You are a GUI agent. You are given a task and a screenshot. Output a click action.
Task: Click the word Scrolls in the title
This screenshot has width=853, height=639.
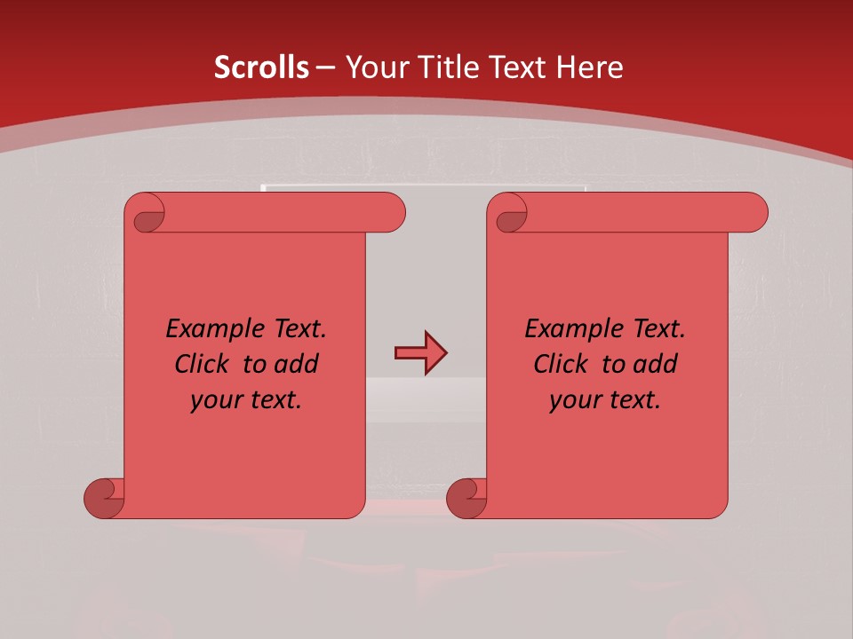(x=261, y=67)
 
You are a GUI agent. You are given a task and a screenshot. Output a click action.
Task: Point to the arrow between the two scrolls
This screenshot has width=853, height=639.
(x=420, y=353)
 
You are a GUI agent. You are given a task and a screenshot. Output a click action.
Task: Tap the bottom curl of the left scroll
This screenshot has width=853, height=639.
(x=103, y=497)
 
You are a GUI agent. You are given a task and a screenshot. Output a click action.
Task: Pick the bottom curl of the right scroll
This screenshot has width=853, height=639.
(x=466, y=497)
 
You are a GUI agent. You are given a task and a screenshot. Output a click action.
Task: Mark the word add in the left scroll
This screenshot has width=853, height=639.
(x=297, y=364)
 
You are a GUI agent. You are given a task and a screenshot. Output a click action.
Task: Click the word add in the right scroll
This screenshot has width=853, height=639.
(x=656, y=364)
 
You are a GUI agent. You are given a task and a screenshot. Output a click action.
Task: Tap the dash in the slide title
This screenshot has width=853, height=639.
(x=326, y=68)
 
